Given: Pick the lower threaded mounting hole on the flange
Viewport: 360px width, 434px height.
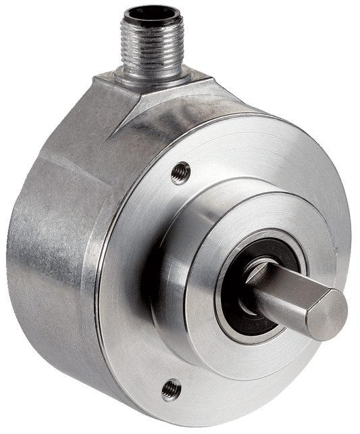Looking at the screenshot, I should (x=171, y=389).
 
